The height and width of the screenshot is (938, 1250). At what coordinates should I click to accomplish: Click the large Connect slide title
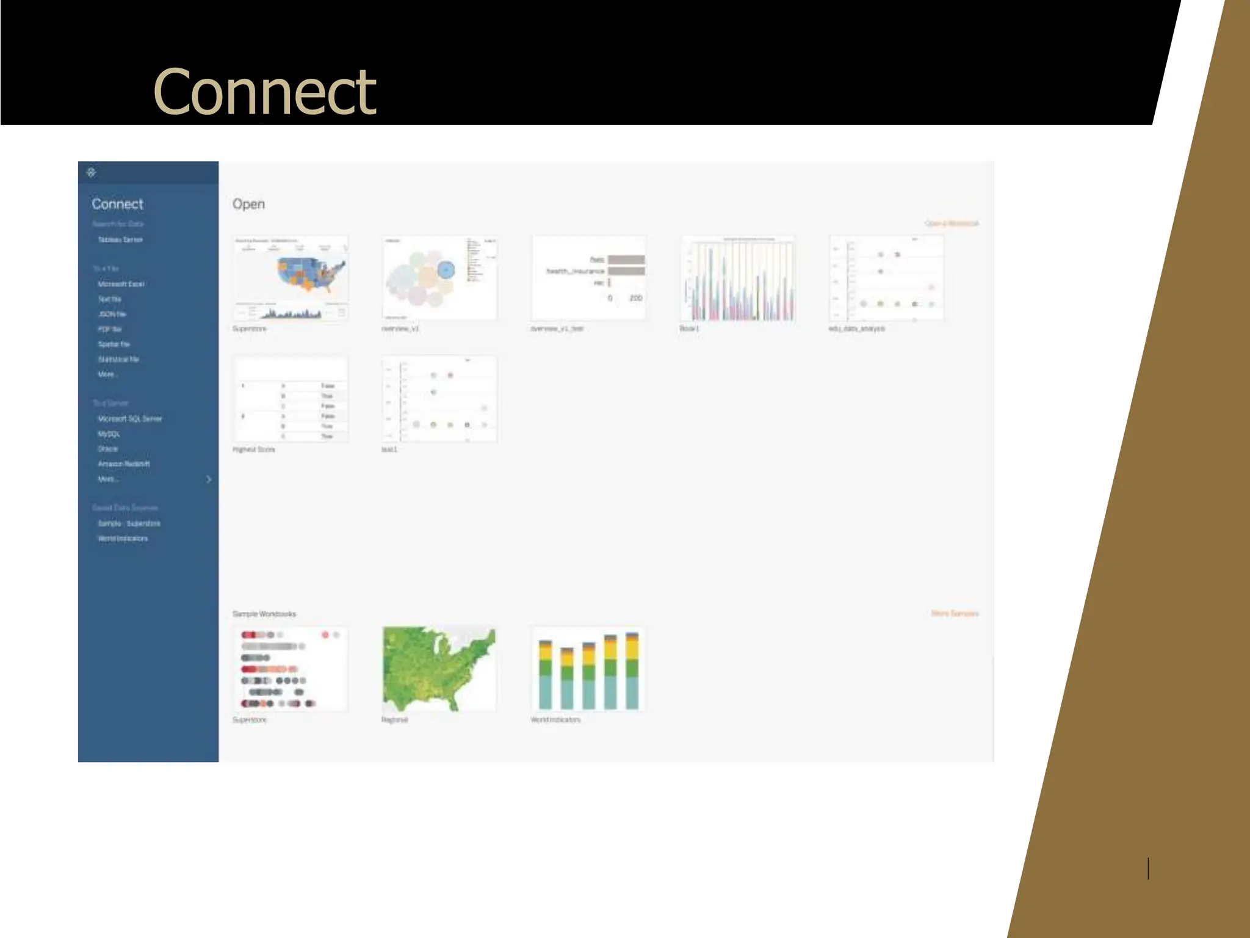[x=264, y=92]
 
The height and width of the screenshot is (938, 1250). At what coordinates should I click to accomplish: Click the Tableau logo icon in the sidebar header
[x=92, y=172]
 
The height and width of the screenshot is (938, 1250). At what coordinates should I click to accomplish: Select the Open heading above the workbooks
[x=248, y=204]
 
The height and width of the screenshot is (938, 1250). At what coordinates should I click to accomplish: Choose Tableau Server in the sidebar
[x=120, y=240]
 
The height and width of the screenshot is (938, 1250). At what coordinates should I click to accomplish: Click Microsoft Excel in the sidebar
[x=121, y=284]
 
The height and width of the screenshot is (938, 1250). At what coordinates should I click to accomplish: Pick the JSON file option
[x=112, y=314]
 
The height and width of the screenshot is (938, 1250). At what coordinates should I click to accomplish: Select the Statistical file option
[x=118, y=359]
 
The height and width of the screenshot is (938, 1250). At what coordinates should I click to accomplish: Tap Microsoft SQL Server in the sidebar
[x=130, y=419]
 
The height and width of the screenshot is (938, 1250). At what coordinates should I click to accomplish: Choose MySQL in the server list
[x=109, y=434]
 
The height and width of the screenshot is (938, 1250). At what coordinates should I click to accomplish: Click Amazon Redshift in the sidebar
[x=124, y=464]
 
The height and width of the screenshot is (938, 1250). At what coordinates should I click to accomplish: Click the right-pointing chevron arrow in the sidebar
[x=209, y=479]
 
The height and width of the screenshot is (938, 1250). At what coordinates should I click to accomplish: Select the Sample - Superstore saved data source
[x=129, y=523]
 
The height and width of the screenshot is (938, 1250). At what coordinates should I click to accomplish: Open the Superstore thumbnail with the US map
[x=291, y=278]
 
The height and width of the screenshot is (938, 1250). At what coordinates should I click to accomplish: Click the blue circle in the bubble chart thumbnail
[x=446, y=269]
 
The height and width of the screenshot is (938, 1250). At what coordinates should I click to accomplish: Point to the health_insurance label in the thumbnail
[x=575, y=271]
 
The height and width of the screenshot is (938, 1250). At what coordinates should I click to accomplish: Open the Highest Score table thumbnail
[x=291, y=399]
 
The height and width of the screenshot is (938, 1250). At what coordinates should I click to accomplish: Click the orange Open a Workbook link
[x=951, y=224]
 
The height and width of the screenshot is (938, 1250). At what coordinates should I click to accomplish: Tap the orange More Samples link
[x=955, y=613]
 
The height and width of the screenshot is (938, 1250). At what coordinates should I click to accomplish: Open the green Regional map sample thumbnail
[x=439, y=669]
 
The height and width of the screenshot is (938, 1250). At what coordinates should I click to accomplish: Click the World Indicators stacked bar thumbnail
[x=588, y=669]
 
